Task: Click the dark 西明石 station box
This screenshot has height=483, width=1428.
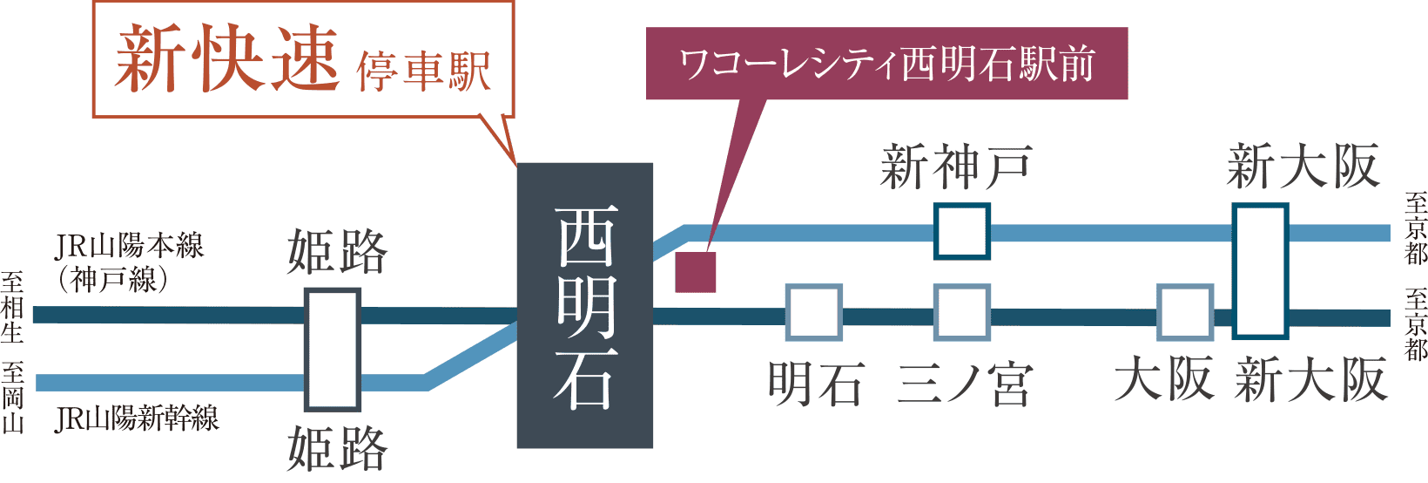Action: (585, 305)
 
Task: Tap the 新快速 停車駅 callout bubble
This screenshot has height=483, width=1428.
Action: (303, 59)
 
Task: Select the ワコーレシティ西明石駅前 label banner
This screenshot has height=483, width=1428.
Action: (886, 65)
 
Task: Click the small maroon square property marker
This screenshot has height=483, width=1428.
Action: (696, 273)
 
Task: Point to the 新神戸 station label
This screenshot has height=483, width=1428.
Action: (955, 167)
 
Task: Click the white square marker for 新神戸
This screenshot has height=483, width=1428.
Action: (962, 232)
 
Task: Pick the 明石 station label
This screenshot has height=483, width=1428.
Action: (815, 384)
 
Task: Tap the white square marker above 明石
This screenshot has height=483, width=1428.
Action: (814, 312)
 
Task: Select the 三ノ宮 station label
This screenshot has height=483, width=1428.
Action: (963, 384)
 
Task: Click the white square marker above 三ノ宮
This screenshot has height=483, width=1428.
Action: (962, 312)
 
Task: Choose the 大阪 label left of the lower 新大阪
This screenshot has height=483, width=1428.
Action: (1164, 381)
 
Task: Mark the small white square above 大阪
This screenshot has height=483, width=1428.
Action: (1185, 312)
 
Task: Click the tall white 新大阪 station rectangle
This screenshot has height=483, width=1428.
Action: (1260, 271)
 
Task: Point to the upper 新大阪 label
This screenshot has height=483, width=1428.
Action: (1303, 167)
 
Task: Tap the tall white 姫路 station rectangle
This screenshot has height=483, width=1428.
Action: (332, 350)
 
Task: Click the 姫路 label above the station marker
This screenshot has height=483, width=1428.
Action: (337, 252)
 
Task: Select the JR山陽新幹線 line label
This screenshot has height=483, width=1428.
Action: (137, 419)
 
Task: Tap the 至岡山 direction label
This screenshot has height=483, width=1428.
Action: (12, 398)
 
